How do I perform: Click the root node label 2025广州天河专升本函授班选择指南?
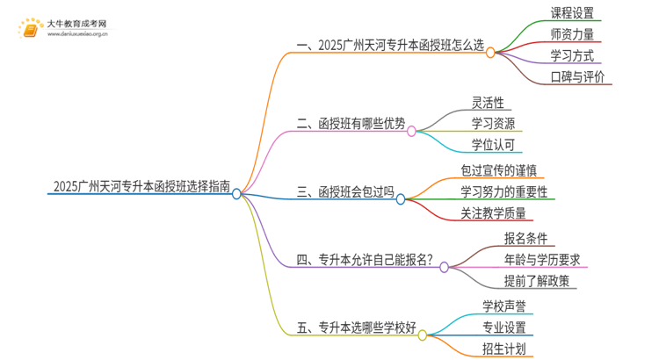coord(141,186)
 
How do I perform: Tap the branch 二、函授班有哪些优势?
coord(351,124)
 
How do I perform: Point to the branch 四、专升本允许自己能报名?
coord(366,260)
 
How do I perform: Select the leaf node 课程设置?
coord(572,13)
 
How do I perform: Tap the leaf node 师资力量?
coord(572,34)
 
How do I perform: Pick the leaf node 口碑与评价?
coord(577,77)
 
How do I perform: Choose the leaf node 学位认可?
coord(493,144)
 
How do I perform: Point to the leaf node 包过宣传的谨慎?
coord(505,169)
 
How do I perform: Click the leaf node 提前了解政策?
coord(535,281)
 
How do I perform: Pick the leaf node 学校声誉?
coord(504,306)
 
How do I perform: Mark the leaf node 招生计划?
coord(504,349)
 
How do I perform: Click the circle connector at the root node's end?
coord(236,195)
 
